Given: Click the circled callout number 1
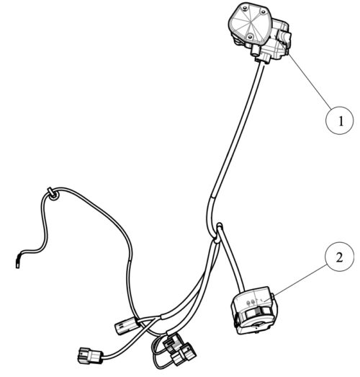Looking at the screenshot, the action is coord(341,120).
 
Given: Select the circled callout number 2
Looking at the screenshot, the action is coord(339,257).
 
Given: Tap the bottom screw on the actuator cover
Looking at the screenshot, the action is coord(250,37).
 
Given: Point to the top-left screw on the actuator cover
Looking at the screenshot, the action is coord(245,9).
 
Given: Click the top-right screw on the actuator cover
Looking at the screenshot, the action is coord(264,12).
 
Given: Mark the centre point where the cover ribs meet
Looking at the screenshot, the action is coord(251,23).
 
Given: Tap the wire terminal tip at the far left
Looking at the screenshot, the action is coord(17,265).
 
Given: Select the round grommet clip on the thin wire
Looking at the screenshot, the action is coord(53,194).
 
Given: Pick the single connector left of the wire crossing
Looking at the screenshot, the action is coord(126,325).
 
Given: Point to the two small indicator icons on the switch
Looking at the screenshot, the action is coord(251,302).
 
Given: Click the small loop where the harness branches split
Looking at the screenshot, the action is coord(219,228).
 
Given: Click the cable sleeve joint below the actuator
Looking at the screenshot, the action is coord(212,197).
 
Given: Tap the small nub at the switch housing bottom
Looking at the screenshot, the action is coord(258,332).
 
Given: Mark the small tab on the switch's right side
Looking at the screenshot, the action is coord(273,296).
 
